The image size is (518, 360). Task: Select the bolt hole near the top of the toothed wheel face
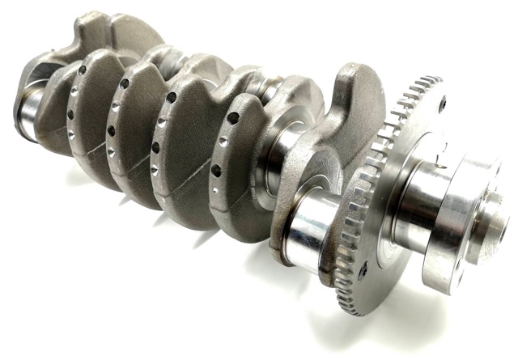pyautogui.click(x=442, y=103)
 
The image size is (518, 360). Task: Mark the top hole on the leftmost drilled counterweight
pyautogui.click(x=83, y=70)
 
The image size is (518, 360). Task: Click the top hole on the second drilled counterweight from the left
pyautogui.click(x=125, y=83)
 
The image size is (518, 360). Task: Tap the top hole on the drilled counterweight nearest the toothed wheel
pyautogui.click(x=233, y=118)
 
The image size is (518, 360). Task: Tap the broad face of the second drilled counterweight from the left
pyautogui.click(x=134, y=138)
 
